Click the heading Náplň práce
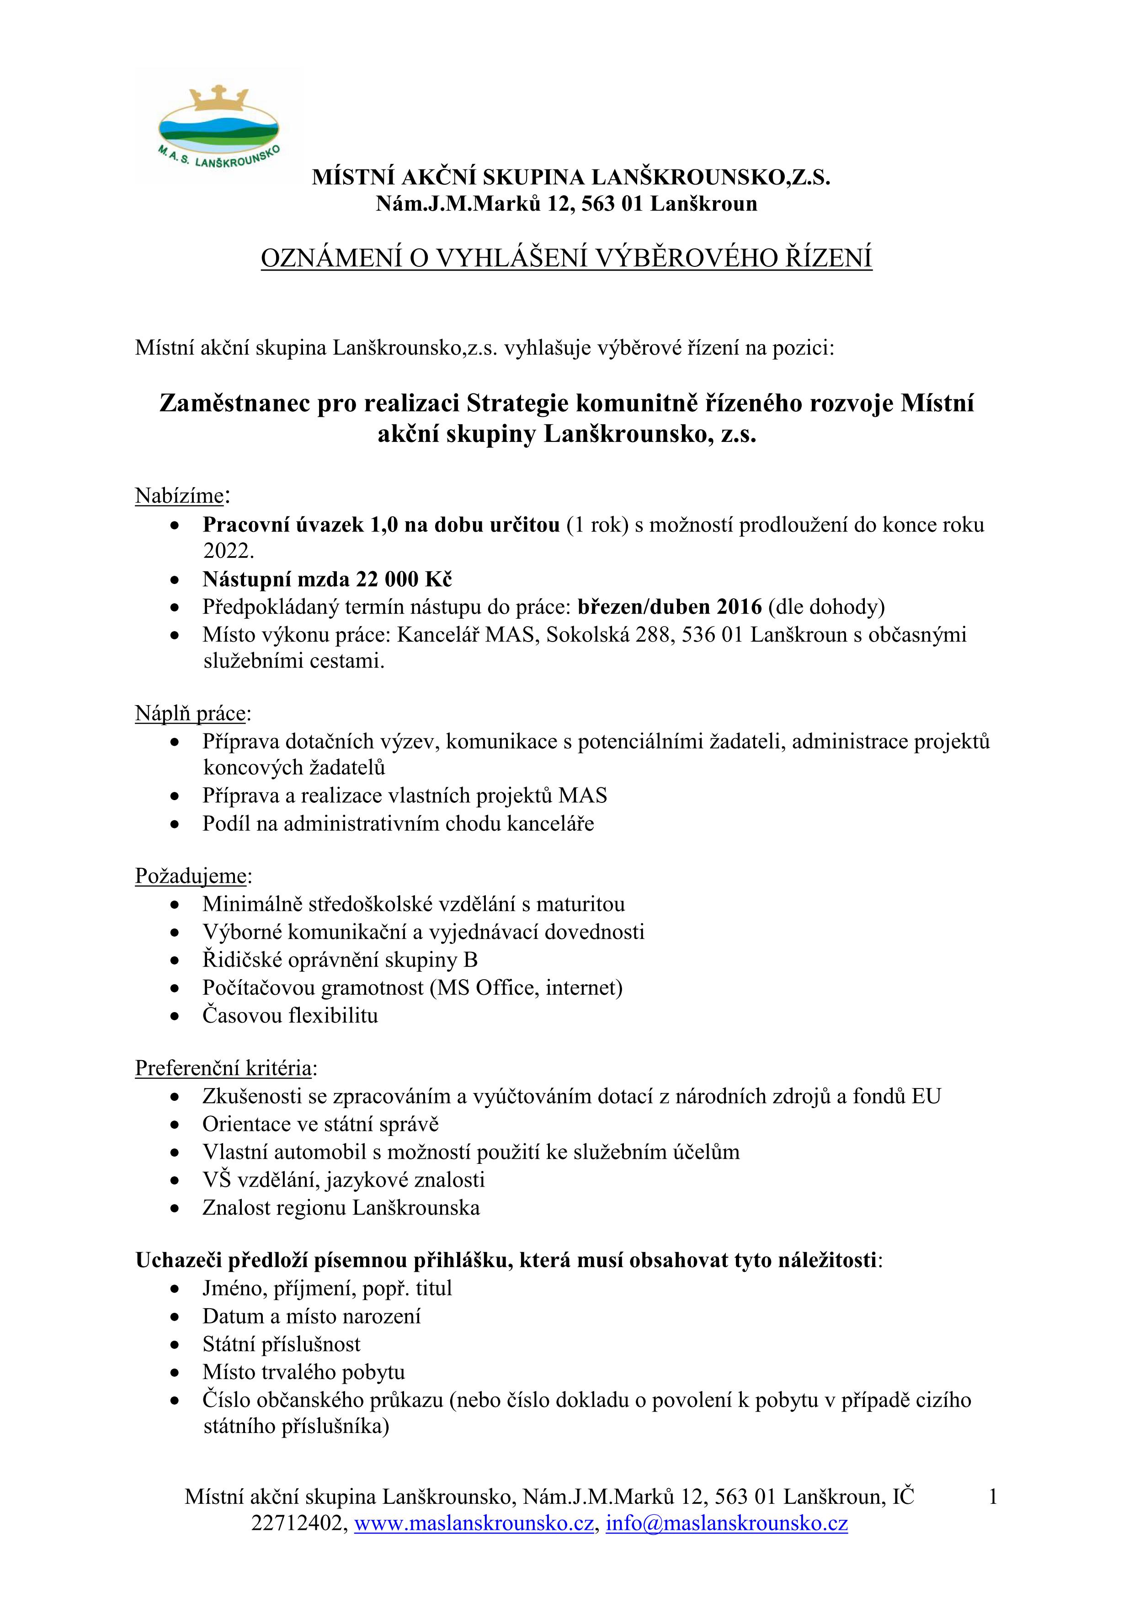click(x=191, y=713)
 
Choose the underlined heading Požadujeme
click(x=192, y=876)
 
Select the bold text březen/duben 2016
click(x=670, y=607)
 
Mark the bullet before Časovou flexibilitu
click(x=175, y=1017)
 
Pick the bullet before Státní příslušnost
click(x=175, y=1345)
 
